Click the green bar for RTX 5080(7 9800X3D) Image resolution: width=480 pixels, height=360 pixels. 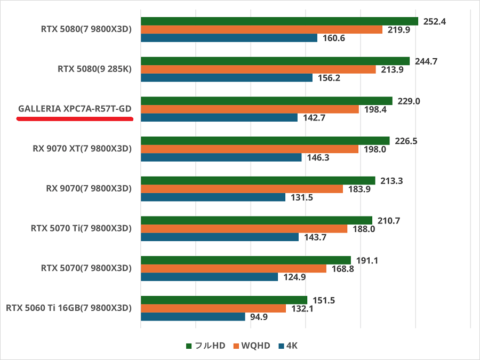[x=279, y=21]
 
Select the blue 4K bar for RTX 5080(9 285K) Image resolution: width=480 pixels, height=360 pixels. [x=227, y=78]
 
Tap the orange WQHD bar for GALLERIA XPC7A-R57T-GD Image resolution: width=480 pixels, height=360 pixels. [x=250, y=109]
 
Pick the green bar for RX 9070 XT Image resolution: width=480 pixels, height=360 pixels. [x=265, y=141]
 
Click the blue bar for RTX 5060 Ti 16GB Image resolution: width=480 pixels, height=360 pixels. [x=193, y=317]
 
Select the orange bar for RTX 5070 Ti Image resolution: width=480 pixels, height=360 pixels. [x=244, y=229]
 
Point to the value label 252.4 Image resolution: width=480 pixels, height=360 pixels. [x=434, y=22]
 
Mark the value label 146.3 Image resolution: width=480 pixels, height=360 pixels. [x=317, y=158]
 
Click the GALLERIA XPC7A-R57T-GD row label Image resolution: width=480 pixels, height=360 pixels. [x=75, y=109]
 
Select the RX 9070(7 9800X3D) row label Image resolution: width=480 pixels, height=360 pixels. [x=89, y=188]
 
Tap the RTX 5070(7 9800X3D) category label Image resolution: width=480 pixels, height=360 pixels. [x=86, y=268]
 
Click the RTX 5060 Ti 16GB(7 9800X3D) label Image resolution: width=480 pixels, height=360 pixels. [x=68, y=308]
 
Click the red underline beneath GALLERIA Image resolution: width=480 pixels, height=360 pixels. [x=75, y=119]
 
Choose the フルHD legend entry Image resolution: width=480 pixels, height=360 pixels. [x=205, y=346]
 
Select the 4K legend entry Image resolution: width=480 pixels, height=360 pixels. [x=287, y=346]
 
